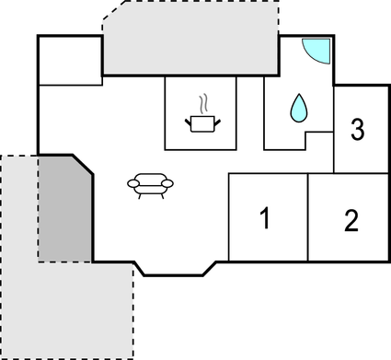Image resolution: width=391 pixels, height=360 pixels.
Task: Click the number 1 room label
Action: click(x=265, y=219)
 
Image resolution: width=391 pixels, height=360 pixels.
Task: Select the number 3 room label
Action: click(x=357, y=129)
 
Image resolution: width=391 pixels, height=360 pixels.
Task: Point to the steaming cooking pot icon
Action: click(x=202, y=121)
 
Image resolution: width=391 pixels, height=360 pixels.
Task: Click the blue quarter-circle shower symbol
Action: click(x=315, y=49)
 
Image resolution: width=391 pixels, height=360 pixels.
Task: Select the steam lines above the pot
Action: click(x=206, y=102)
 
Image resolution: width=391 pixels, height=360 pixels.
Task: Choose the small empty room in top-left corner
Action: click(x=70, y=61)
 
